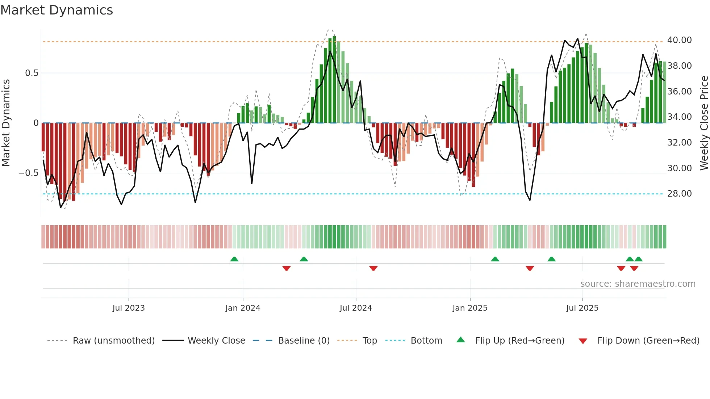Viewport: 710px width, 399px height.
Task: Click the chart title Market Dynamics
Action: [x=57, y=10]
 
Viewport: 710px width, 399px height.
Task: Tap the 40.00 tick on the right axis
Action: [x=679, y=40]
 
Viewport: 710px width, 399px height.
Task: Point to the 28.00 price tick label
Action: [x=679, y=194]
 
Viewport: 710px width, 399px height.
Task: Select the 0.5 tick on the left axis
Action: [x=32, y=73]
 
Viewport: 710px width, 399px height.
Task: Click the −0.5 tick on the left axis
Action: [x=29, y=173]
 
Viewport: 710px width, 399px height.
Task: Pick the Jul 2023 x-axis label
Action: [x=129, y=308]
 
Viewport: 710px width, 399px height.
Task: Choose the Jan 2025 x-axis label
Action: [x=470, y=308]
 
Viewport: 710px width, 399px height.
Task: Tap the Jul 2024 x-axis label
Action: [x=356, y=308]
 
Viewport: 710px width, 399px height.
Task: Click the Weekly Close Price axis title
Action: [x=704, y=123]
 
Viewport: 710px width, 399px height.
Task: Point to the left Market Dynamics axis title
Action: [x=6, y=123]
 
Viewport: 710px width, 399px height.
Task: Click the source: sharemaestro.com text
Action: [x=638, y=284]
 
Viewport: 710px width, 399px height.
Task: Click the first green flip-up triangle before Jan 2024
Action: [x=234, y=259]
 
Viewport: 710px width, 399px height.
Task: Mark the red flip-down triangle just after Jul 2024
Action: [x=373, y=268]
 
